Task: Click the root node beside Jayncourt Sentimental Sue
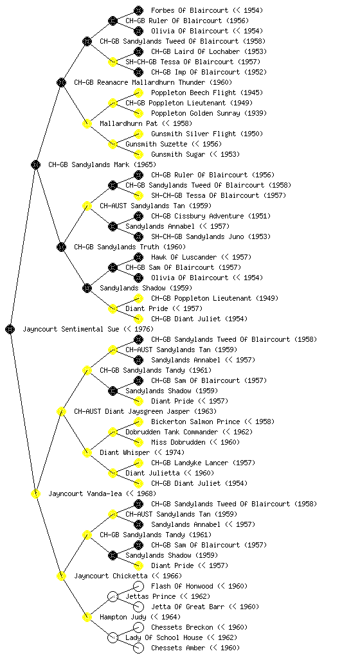point(10,329)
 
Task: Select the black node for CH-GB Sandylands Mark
point(35,164)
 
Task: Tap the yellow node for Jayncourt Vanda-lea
point(35,493)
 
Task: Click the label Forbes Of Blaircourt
point(190,10)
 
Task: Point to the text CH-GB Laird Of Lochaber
point(195,51)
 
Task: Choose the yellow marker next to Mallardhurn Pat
point(87,123)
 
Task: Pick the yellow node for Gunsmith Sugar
point(138,154)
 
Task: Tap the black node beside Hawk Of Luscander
point(138,257)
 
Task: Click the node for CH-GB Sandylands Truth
point(61,247)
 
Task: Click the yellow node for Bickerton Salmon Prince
point(138,422)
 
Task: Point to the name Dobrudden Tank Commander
point(172,432)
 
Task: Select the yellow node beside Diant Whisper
point(87,452)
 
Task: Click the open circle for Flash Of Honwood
point(138,586)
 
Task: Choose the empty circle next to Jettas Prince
point(113,596)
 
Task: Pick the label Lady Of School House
point(164,637)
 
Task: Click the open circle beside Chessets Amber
point(138,648)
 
